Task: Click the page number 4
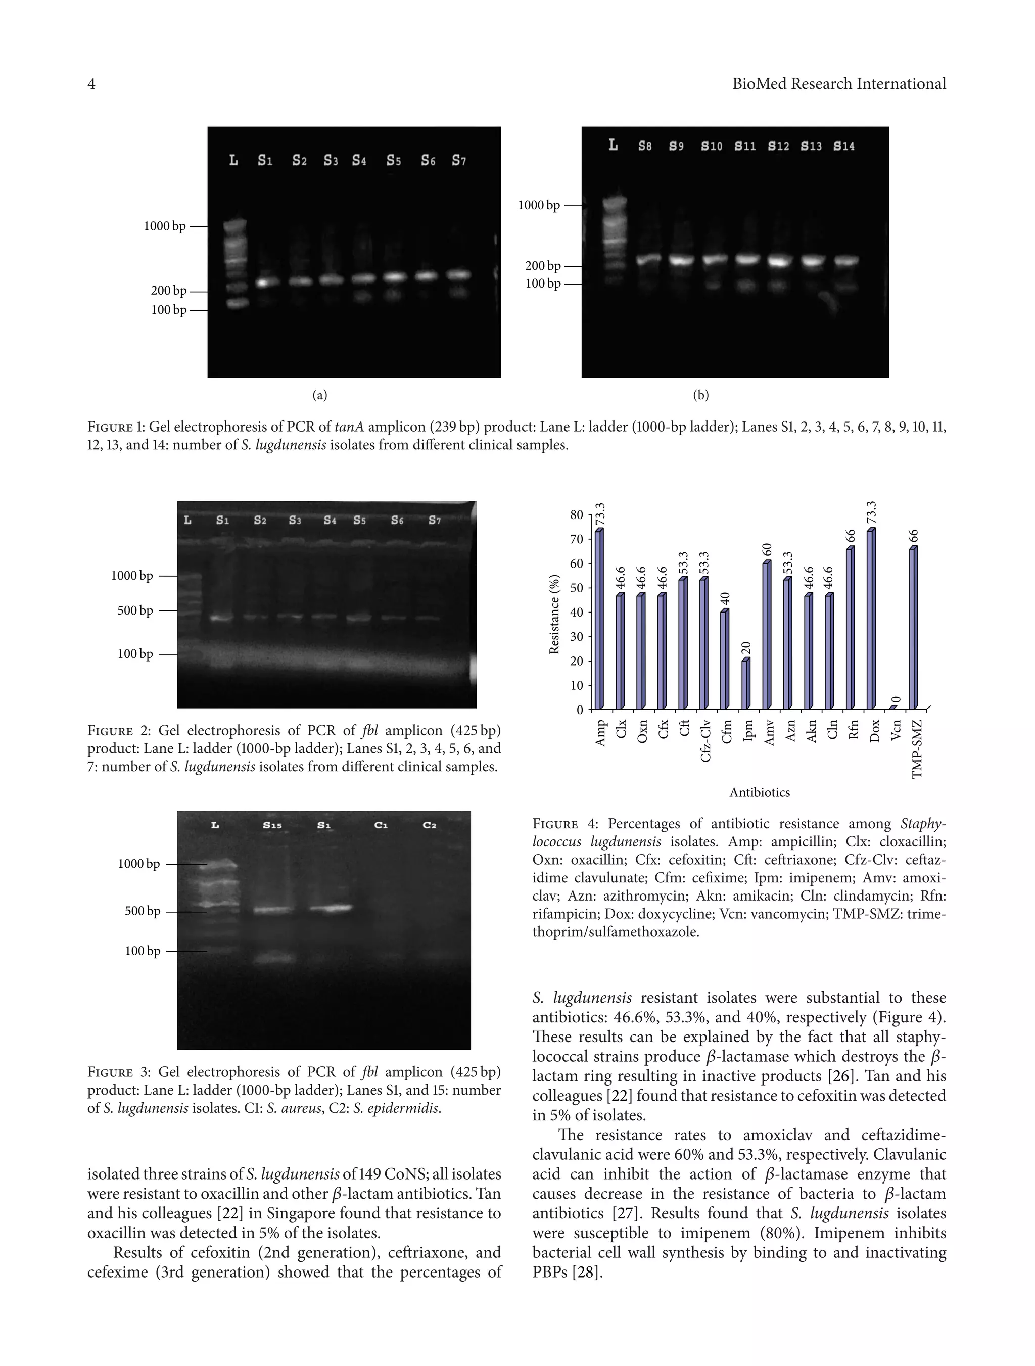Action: [x=91, y=84]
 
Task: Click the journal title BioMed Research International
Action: [x=838, y=84]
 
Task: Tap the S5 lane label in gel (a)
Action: [x=393, y=161]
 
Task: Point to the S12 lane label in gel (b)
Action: [x=778, y=147]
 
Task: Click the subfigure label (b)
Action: [x=701, y=395]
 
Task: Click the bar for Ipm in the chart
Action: [x=745, y=685]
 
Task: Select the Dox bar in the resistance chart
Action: [x=871, y=620]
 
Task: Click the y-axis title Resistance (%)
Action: [x=554, y=614]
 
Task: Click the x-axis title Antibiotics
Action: [x=759, y=792]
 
